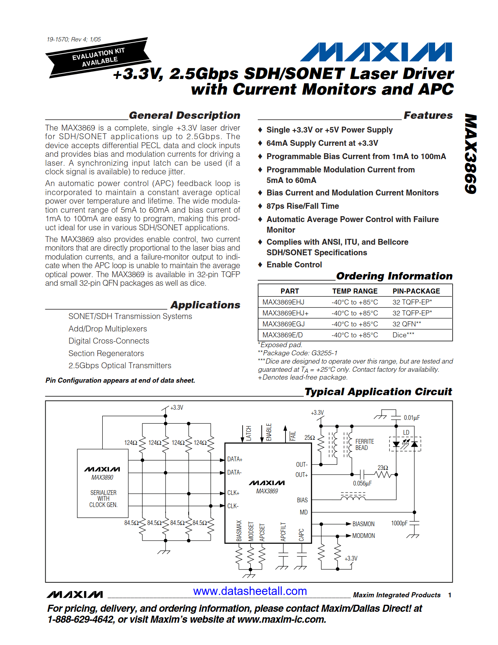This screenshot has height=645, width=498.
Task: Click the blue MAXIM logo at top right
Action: coord(376,52)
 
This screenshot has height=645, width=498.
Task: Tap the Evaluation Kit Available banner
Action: coord(99,57)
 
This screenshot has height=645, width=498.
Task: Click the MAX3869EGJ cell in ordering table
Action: coord(283,324)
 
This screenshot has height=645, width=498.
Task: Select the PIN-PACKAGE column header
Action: coord(416,291)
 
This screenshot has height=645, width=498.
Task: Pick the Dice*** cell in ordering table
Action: coord(403,335)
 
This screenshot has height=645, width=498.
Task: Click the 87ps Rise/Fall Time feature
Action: coord(302,206)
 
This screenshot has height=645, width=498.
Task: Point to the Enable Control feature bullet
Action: coord(294,265)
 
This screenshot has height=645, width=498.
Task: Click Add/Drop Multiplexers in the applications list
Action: coord(108,329)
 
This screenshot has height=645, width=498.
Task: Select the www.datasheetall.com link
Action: coord(250,591)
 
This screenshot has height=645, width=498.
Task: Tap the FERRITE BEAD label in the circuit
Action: coord(364,444)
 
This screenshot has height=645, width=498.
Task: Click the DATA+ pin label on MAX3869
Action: coord(235,459)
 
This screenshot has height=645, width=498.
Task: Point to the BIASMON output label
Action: coord(363,524)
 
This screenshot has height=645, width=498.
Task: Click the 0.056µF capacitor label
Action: coord(362,484)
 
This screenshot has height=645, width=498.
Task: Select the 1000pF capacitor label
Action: coord(399,523)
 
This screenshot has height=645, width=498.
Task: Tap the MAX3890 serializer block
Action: coord(103,483)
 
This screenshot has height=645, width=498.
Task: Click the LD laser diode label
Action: coord(406,432)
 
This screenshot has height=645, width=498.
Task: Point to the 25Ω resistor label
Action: coord(309,438)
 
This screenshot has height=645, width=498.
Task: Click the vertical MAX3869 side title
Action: coord(471,154)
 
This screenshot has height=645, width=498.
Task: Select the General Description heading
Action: coord(184,115)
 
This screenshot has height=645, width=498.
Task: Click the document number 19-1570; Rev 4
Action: coord(73,39)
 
